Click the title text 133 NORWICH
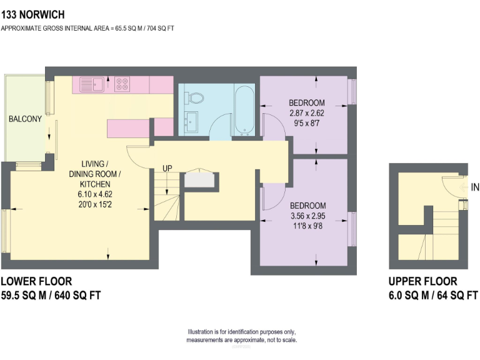[x=32, y=13]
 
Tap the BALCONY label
[x=25, y=119]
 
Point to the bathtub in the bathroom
[x=243, y=111]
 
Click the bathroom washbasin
[x=191, y=120]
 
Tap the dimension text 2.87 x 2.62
[x=306, y=114]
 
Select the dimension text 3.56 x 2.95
[x=307, y=216]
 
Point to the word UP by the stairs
[x=167, y=169]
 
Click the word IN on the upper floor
[x=475, y=187]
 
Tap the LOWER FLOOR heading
[x=36, y=281]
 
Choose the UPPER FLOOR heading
[x=422, y=281]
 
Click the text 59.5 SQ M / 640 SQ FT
[x=51, y=295]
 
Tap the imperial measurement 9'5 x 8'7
[x=306, y=124]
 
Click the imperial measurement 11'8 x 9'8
[x=307, y=226]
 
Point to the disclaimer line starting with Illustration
[x=241, y=332]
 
